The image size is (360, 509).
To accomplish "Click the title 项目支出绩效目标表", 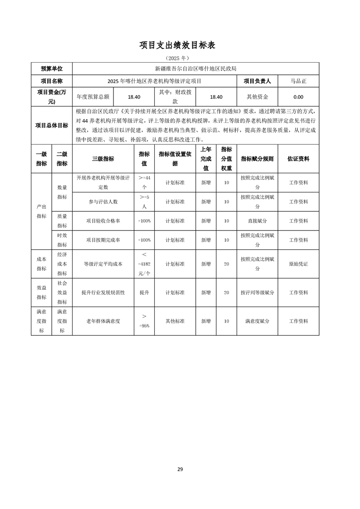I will [180, 45].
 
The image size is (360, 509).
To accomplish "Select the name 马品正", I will [298, 81].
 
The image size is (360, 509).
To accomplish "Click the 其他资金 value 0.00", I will [298, 97].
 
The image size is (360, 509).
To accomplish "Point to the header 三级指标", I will [103, 159].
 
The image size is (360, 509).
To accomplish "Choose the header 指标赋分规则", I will [257, 159].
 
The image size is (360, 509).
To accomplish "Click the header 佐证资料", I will [298, 159].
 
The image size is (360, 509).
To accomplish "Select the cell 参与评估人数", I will [103, 201].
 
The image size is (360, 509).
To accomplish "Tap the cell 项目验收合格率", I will [103, 221].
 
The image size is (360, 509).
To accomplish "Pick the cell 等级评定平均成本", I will [103, 264].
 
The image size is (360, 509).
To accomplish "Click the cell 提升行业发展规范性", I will [103, 293].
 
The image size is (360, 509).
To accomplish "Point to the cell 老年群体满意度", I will [103, 321].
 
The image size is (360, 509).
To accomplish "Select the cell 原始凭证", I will [298, 264].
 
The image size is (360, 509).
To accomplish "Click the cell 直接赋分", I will [257, 221].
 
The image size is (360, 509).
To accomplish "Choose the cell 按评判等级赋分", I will [257, 293].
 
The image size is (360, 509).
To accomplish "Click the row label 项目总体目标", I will [52, 126].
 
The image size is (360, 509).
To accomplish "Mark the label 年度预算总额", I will [93, 97].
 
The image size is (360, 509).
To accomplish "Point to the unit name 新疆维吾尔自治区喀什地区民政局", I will [196, 69].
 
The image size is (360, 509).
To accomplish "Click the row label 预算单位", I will [52, 69].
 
